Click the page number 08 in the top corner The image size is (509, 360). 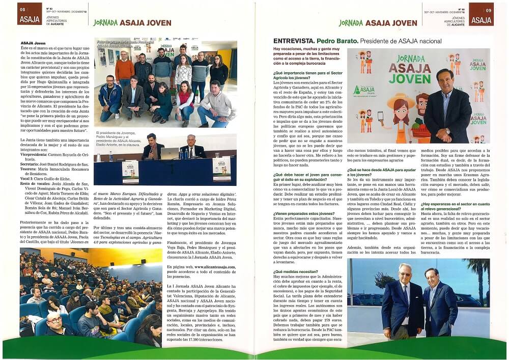pyautogui.click(x=22, y=10)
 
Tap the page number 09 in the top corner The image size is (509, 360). pyautogui.click(x=488, y=10)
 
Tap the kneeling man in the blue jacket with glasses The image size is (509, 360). pyautogui.click(x=109, y=94)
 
